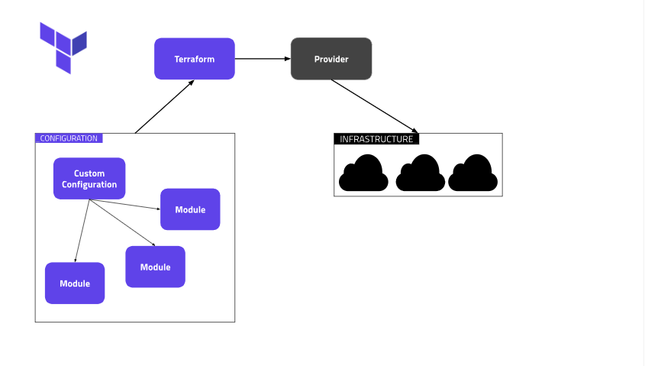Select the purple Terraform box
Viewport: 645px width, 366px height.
point(194,59)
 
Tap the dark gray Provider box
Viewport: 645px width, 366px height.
point(331,59)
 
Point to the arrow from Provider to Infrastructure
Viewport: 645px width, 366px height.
point(374,106)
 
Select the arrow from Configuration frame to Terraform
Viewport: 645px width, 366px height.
point(164,107)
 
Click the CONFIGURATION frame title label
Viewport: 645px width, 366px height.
point(69,138)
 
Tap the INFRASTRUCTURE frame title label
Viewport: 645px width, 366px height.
point(376,139)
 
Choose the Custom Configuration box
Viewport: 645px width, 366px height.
point(89,179)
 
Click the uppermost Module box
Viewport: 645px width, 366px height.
point(190,209)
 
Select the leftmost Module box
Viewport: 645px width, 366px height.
point(75,283)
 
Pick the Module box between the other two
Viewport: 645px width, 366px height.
point(155,267)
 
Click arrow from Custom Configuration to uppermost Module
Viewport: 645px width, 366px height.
point(126,204)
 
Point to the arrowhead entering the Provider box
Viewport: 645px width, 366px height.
point(287,59)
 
